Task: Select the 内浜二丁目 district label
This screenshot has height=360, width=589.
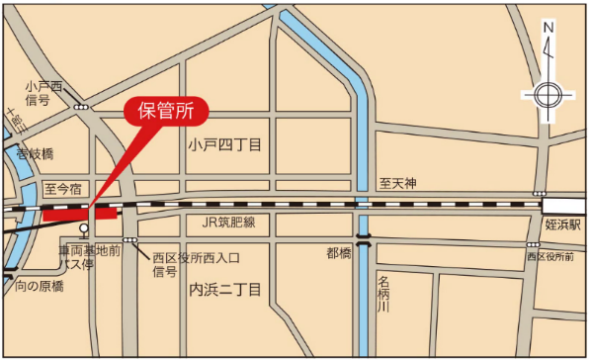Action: (x=224, y=290)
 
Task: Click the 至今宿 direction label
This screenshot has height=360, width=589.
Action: (x=63, y=188)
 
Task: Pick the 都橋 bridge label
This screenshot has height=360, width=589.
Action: (x=339, y=253)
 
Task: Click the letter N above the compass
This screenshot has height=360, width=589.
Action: (x=547, y=28)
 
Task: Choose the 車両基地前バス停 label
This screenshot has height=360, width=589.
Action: (x=89, y=259)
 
